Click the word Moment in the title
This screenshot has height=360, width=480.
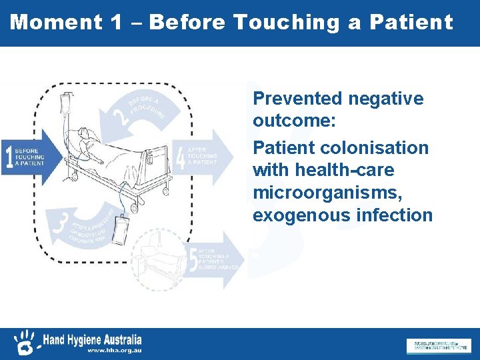56,22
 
